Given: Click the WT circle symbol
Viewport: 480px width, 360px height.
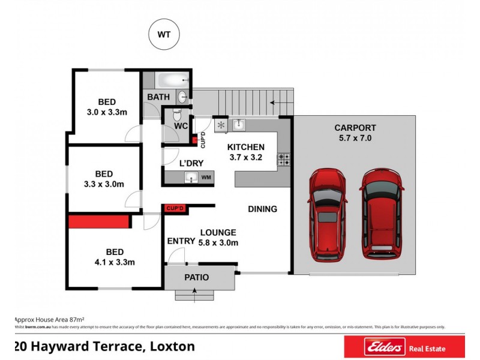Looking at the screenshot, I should click(x=164, y=35).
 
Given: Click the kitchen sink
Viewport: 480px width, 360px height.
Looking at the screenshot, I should click(x=238, y=125).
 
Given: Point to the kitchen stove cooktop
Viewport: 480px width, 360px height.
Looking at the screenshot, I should click(x=284, y=160).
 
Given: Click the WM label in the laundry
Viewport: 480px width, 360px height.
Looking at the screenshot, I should click(x=206, y=178).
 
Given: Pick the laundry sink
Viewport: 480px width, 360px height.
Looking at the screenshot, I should click(x=192, y=178).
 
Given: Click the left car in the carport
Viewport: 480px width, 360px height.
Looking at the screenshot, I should click(x=328, y=214).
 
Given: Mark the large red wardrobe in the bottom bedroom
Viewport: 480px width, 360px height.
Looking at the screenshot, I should click(x=100, y=221).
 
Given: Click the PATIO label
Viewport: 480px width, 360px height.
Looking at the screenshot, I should click(x=196, y=278).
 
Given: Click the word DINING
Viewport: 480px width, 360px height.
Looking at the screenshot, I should click(x=263, y=209).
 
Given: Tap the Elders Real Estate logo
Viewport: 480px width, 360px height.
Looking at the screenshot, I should click(x=403, y=347).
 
